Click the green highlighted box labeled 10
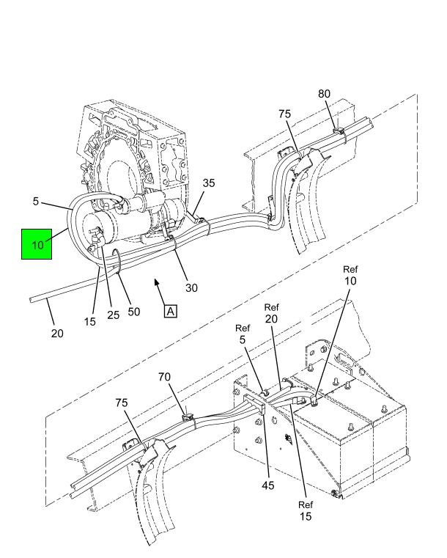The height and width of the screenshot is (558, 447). [37, 244]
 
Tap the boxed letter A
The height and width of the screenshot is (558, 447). [171, 311]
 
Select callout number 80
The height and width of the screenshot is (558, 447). [324, 94]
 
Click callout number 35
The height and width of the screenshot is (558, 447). [209, 183]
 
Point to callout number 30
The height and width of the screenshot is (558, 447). [191, 287]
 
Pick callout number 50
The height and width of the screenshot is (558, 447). [133, 312]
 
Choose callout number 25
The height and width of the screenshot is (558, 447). [113, 315]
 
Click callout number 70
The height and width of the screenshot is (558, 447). [164, 377]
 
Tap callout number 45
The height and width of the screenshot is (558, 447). [267, 485]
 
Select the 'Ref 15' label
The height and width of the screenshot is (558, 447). [306, 510]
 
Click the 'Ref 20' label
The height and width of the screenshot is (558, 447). [271, 313]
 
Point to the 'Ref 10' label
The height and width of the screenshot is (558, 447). [350, 276]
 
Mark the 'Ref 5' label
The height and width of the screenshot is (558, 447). [243, 334]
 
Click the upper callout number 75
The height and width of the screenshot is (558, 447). [284, 114]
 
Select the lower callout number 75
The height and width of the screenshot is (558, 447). [121, 403]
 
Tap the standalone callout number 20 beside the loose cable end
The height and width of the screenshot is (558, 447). [57, 334]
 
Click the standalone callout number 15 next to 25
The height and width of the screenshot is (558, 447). [90, 322]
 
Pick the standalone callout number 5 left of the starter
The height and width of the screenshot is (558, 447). [36, 202]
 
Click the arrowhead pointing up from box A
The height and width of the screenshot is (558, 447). [156, 282]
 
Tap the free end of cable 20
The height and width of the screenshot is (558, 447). [31, 300]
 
